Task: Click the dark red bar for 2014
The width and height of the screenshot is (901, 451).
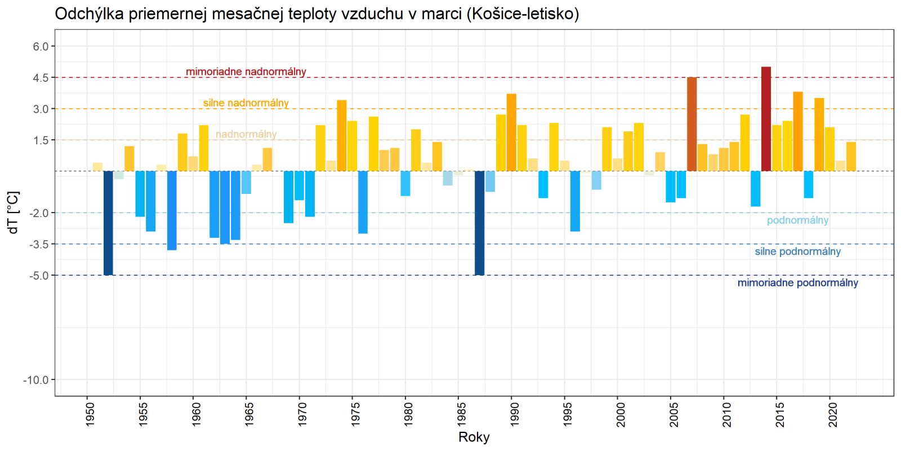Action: [x=766, y=119]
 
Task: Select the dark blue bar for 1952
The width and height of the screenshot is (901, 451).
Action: [x=108, y=223]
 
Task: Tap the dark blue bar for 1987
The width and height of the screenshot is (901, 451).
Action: [x=479, y=223]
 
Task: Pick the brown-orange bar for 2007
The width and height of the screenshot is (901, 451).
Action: [x=692, y=124]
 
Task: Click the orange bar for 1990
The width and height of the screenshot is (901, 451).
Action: [x=511, y=132]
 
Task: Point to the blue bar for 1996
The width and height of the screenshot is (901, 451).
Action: [x=575, y=201]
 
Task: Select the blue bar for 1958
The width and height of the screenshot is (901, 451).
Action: [x=172, y=210]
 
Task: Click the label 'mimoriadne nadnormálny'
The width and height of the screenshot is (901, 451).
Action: [x=246, y=72]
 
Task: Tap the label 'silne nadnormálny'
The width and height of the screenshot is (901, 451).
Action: [x=246, y=103]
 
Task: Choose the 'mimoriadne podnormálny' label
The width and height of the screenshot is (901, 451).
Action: [x=797, y=282]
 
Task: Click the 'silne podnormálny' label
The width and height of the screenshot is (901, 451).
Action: [x=797, y=251]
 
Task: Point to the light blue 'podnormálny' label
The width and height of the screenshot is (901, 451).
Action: [x=797, y=220]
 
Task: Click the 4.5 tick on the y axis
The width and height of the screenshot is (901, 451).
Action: [x=41, y=78]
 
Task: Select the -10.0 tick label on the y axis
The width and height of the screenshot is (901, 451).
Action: [x=36, y=380]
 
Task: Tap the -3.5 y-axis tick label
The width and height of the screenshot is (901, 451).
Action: [x=38, y=244]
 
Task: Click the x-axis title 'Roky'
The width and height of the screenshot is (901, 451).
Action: [x=474, y=437]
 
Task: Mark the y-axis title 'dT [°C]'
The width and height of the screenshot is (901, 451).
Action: [x=13, y=213]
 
